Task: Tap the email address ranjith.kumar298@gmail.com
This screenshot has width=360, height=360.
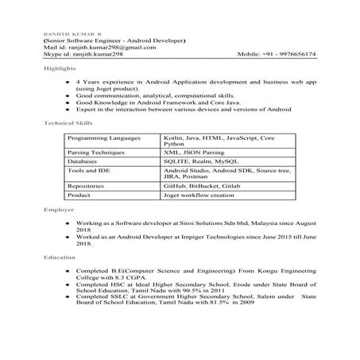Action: (x=111, y=47)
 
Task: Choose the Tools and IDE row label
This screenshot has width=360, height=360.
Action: (x=90, y=170)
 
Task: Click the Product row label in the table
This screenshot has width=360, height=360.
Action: (x=81, y=194)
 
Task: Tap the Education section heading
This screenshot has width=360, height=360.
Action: (x=59, y=257)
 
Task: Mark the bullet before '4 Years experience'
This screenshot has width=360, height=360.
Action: (x=66, y=82)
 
